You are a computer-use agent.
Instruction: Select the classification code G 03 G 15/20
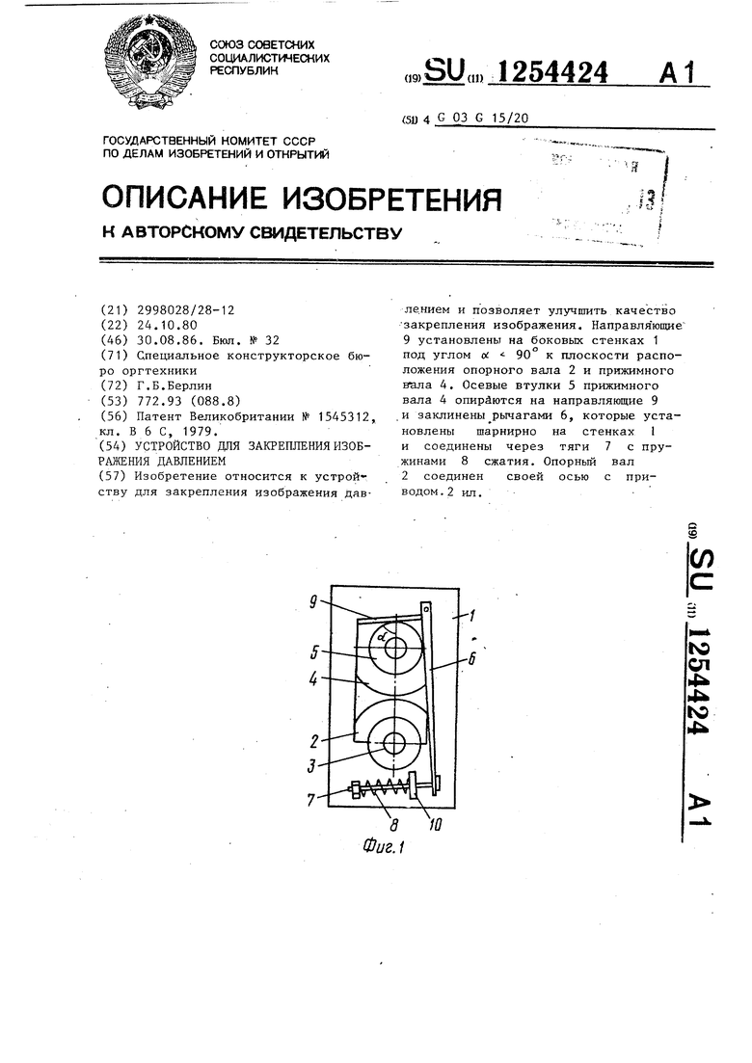(482, 119)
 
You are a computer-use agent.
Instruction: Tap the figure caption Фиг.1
(383, 849)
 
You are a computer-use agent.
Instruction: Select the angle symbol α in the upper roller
(383, 637)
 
